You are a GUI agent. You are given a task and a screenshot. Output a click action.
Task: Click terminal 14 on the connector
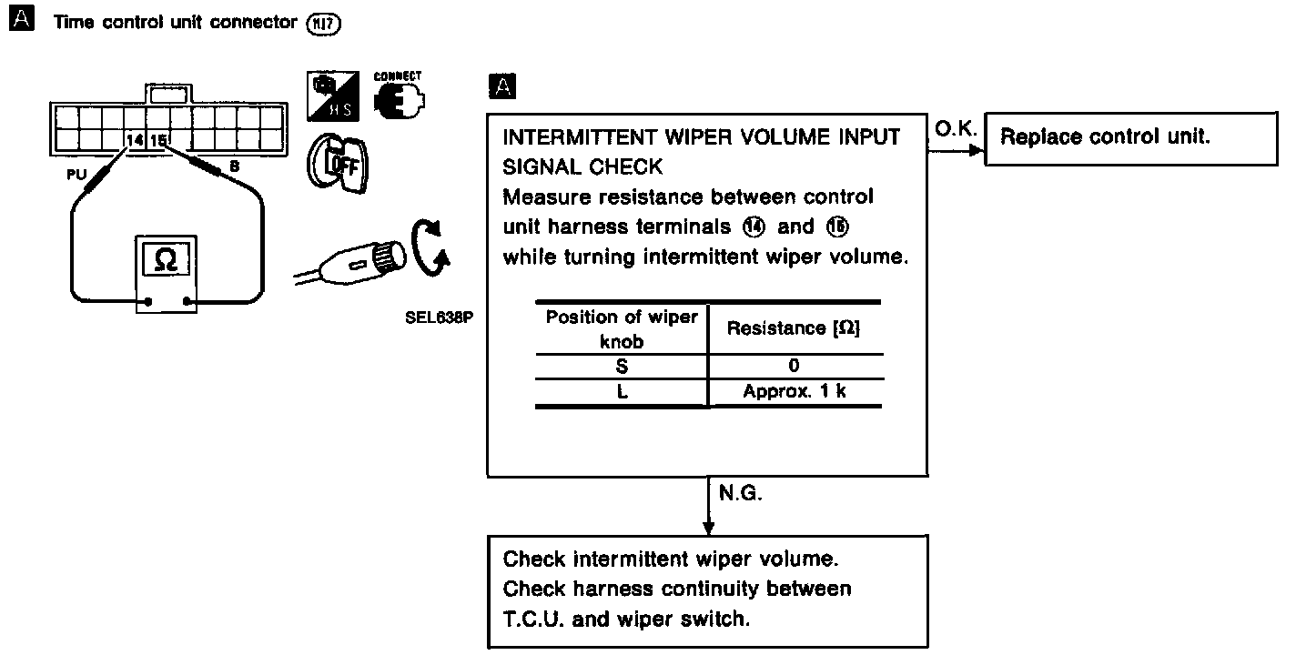pyautogui.click(x=135, y=141)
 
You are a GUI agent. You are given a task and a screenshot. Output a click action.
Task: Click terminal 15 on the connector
pyautogui.click(x=157, y=141)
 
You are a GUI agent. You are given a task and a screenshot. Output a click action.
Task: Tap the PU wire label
pyautogui.click(x=76, y=174)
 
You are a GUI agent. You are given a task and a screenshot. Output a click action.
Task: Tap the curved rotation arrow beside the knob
pyautogui.click(x=430, y=247)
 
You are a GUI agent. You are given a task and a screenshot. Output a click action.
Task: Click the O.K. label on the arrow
pyautogui.click(x=955, y=131)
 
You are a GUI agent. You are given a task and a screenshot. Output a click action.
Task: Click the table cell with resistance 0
pyautogui.click(x=795, y=366)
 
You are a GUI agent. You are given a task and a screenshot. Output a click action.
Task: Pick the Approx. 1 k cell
pyautogui.click(x=795, y=392)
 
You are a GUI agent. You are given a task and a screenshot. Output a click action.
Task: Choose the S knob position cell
pyautogui.click(x=622, y=366)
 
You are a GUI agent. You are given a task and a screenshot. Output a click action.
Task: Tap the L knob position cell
pyautogui.click(x=622, y=392)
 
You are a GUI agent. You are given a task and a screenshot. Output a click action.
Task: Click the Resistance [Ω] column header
pyautogui.click(x=794, y=328)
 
